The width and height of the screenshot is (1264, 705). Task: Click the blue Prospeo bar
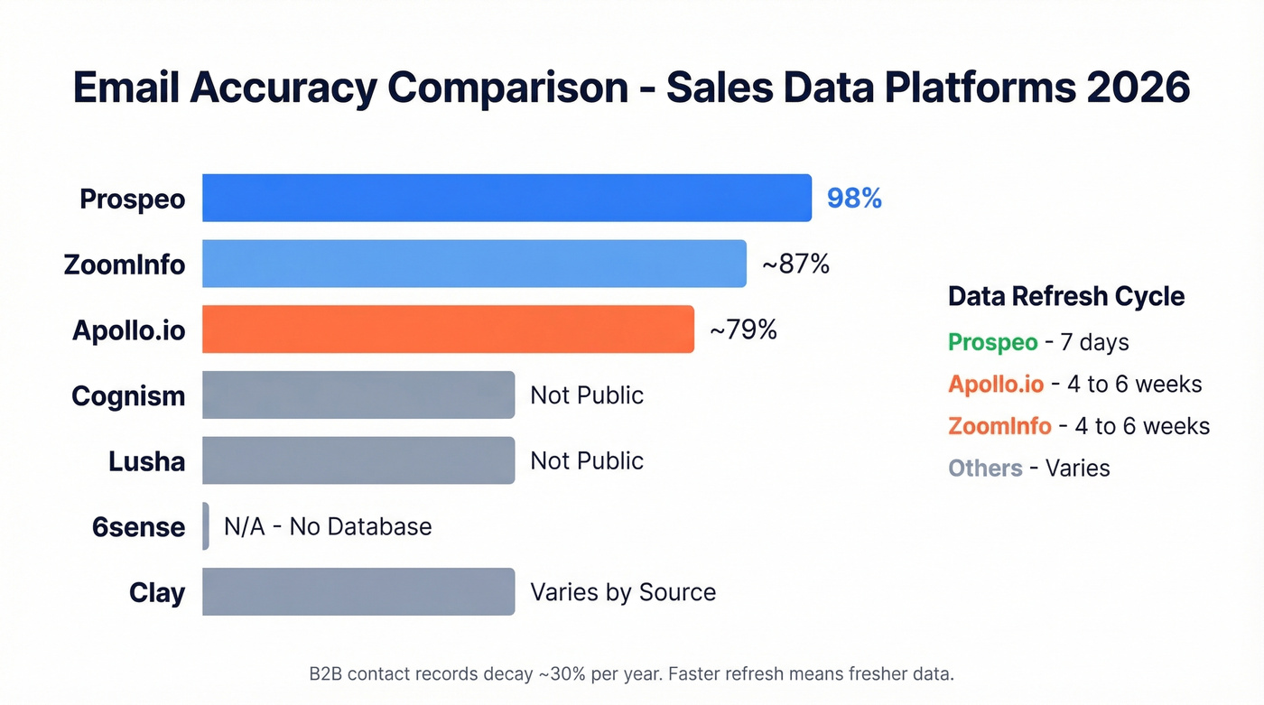pos(506,198)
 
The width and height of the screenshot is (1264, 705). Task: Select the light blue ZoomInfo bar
pos(474,264)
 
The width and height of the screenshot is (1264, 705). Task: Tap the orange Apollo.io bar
pos(448,329)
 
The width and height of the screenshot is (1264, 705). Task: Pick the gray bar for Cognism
pos(358,395)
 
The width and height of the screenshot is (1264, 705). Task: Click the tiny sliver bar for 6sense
pos(206,526)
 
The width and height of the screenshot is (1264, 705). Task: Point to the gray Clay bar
pos(358,592)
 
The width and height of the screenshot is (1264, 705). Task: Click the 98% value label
pos(854,199)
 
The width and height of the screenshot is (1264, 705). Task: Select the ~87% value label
pos(795,264)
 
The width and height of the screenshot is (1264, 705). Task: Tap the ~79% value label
pos(743,330)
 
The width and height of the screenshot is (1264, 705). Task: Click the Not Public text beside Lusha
pos(587,460)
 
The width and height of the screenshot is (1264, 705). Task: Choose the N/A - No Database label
pos(328,526)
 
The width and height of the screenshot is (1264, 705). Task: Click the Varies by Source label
pos(623,592)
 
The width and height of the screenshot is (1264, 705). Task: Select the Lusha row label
pos(146,461)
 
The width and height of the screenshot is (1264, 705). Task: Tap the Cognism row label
pos(128,395)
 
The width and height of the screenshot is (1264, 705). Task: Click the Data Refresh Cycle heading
pos(1066,296)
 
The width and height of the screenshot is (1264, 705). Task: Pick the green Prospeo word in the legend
pos(992,342)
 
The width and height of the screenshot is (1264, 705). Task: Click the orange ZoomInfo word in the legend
pos(999,426)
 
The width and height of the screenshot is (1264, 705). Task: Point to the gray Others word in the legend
pos(985,468)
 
